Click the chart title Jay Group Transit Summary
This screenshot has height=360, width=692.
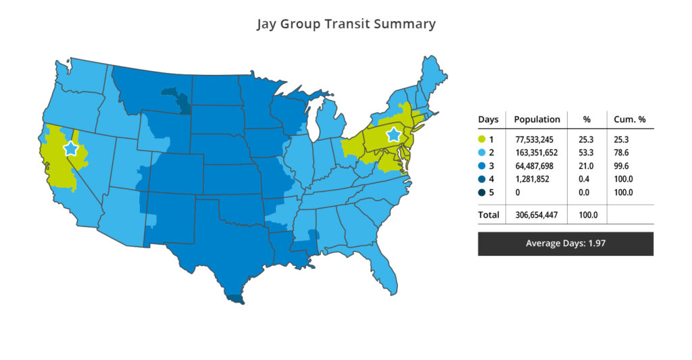point(346,24)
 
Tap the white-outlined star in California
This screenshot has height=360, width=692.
point(70,149)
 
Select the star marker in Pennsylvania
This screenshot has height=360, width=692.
point(393,135)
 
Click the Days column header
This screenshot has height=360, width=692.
point(488,120)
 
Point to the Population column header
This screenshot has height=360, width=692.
point(537,120)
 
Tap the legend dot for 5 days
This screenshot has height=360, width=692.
point(482,192)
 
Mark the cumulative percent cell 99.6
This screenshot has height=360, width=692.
point(624,166)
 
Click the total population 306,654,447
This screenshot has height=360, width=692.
point(537,215)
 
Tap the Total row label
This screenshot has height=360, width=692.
point(489,215)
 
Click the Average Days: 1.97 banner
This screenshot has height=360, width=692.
point(565,243)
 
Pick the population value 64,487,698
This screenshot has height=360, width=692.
point(537,166)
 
